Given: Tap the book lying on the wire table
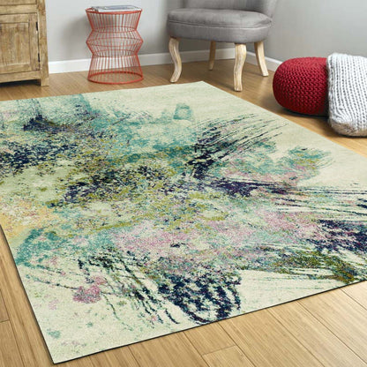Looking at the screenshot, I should click(114, 8).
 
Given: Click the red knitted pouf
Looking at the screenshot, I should click(300, 86).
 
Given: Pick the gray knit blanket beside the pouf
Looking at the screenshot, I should click(348, 94).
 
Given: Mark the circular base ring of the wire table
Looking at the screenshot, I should click(115, 79).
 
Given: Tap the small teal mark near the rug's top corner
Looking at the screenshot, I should click(183, 111).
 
